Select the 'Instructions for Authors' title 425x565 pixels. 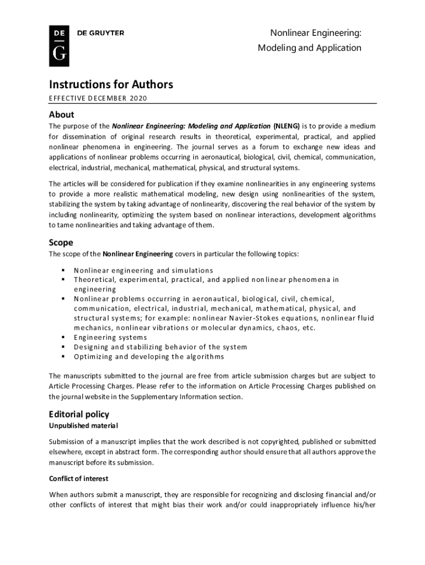pos(111,84)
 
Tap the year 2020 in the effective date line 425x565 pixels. pos(140,98)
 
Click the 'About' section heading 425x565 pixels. pos(61,115)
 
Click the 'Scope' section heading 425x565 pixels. pos(61,242)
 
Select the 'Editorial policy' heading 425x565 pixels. pos(79,414)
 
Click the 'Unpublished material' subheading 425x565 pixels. pos(83,426)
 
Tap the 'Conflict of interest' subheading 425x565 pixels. pos(78,478)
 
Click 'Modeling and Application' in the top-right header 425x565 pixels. pos(310,48)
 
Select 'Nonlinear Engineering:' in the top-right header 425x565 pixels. pos(316,34)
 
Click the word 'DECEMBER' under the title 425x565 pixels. pos(106,98)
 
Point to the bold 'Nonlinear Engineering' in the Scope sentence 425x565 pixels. pos(137,254)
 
